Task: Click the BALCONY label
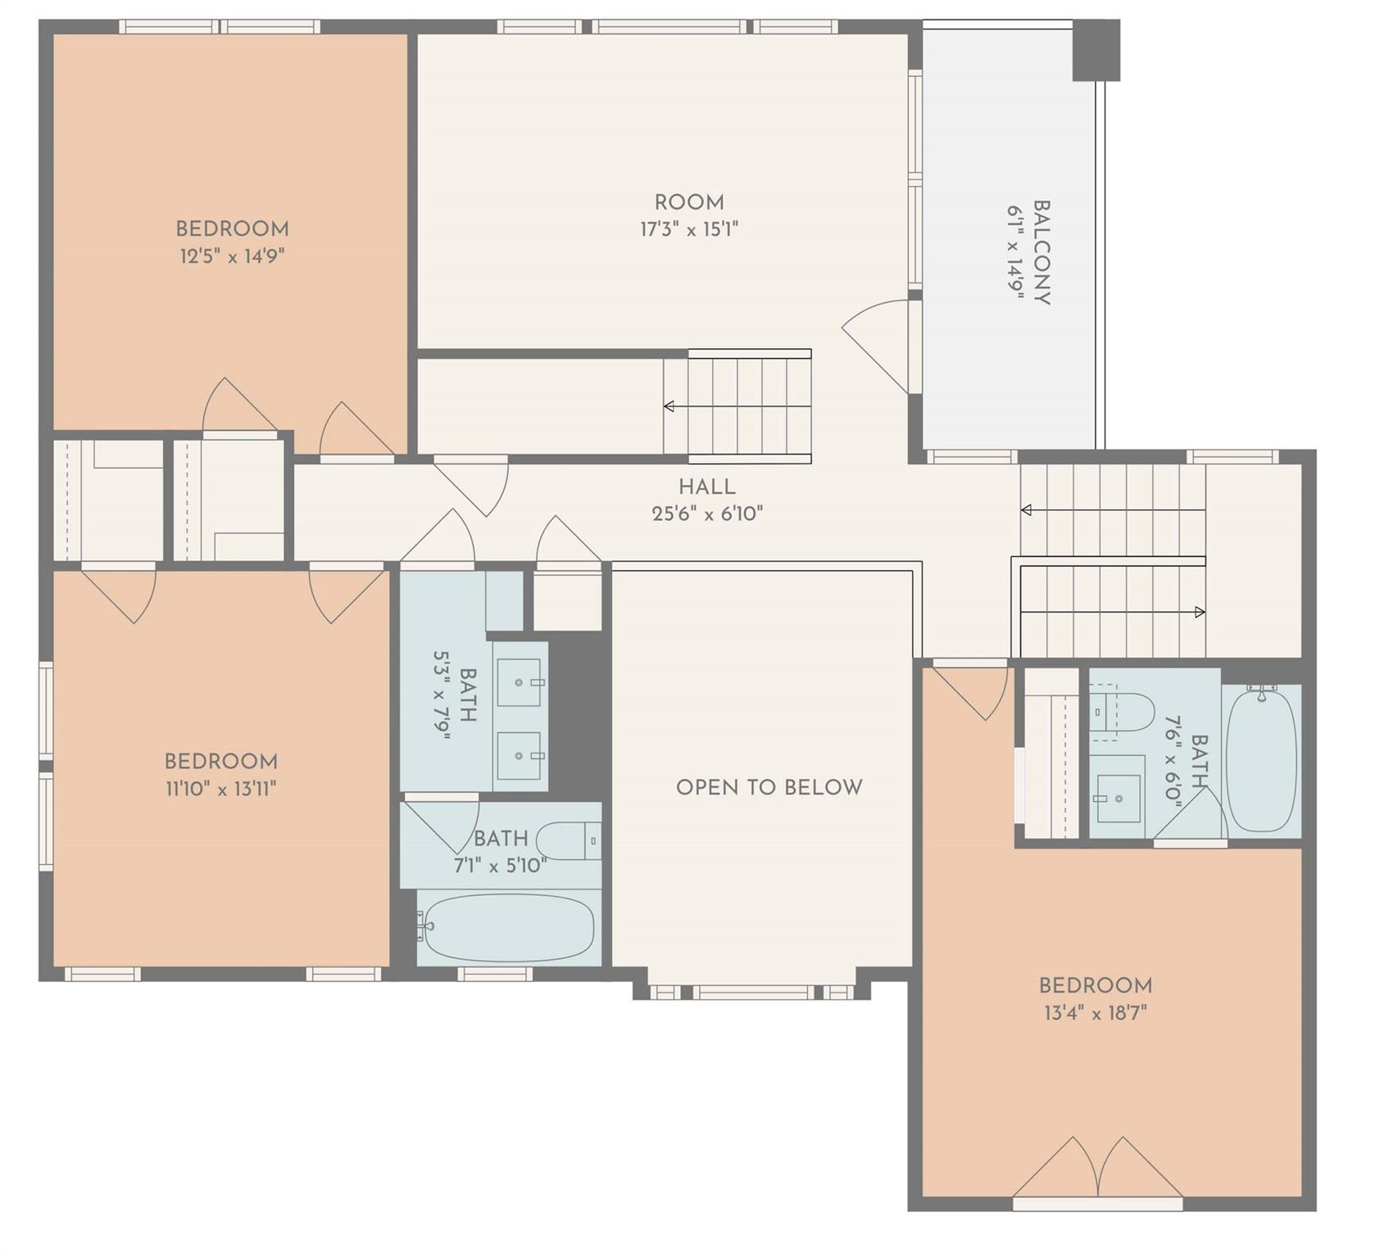coord(1041,252)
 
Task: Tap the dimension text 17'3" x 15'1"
coord(688,229)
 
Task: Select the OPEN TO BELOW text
coord(769,787)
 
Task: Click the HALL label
coord(706,487)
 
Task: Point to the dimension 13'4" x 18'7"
coord(1095,1013)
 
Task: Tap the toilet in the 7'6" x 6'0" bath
coord(1124,712)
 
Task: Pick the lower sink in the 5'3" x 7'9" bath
coord(520,755)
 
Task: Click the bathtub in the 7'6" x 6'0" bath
coord(1261,760)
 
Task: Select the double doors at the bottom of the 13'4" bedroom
coord(1097,1169)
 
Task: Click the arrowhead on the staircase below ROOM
coord(669,406)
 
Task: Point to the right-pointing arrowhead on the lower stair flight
coord(1200,612)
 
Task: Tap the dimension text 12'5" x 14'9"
coord(232,256)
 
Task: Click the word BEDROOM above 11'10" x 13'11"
coord(220,762)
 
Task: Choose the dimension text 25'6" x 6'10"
coord(706,514)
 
